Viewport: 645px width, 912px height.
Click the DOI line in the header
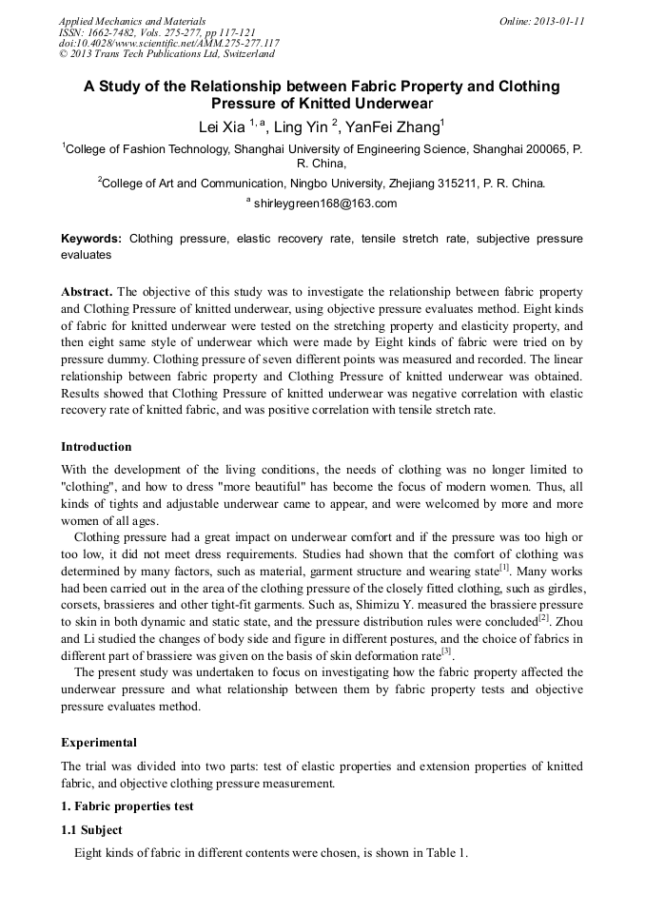(x=168, y=43)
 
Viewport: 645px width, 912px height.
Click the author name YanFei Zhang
(x=391, y=127)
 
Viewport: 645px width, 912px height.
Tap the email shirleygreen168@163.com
(x=325, y=204)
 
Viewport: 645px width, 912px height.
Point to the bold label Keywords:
(x=91, y=239)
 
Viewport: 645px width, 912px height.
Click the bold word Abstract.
(x=88, y=291)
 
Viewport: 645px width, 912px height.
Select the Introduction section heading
(x=96, y=446)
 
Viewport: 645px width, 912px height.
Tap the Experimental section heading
(x=99, y=742)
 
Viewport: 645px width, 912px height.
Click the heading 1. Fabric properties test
(x=127, y=805)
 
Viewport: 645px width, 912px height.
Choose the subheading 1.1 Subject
(x=91, y=829)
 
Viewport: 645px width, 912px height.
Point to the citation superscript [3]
(x=446, y=651)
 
